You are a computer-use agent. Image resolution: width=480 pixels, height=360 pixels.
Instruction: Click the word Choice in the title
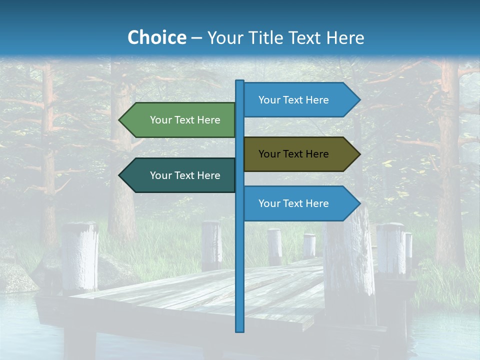point(156,37)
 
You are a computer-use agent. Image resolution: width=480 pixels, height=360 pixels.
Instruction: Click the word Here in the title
point(345,37)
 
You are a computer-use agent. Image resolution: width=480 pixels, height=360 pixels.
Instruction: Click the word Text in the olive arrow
point(293,154)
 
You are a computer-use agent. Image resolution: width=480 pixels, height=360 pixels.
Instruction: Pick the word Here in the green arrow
point(208,120)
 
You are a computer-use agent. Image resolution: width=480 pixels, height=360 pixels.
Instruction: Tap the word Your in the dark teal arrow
point(160,175)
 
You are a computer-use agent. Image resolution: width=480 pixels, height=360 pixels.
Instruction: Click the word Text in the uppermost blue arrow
point(293,100)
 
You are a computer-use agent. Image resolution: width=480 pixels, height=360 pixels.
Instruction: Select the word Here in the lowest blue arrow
point(317,203)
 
